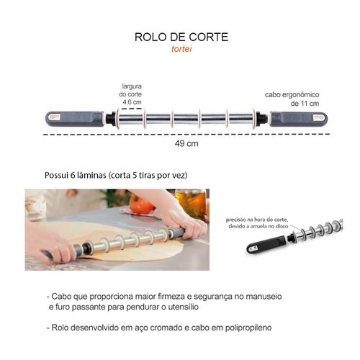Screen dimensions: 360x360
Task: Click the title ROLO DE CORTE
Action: click(181, 37)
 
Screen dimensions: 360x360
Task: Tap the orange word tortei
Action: click(181, 49)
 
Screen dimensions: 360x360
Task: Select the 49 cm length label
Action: click(186, 143)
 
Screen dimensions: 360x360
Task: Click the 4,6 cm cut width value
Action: click(132, 102)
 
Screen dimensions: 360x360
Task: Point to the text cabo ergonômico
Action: click(292, 94)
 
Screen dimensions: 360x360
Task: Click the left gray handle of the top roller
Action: click(75, 119)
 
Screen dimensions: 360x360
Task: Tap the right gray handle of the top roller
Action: click(299, 119)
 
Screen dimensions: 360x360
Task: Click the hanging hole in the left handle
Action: click(54, 117)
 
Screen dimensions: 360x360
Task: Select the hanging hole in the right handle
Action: click(319, 117)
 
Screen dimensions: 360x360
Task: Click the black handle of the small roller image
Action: click(266, 244)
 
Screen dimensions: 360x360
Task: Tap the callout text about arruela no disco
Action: click(257, 223)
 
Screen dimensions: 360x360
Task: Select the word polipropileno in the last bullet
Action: click(248, 328)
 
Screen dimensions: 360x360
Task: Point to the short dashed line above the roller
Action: click(132, 109)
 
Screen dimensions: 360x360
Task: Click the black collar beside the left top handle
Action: click(110, 119)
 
